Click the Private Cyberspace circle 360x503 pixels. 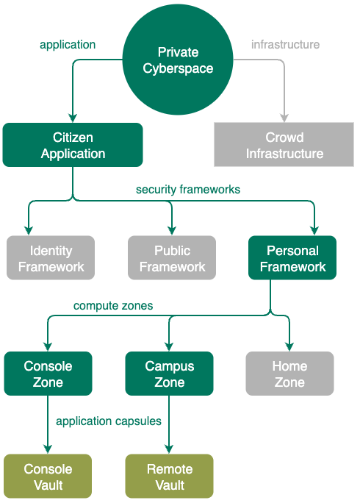click(178, 60)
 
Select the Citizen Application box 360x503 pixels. click(73, 145)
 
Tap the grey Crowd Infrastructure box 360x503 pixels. click(284, 144)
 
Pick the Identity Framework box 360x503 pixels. click(51, 258)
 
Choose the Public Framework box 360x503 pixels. click(172, 258)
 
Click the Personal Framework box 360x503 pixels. click(292, 258)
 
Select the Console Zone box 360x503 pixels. click(48, 374)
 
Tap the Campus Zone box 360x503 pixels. click(169, 374)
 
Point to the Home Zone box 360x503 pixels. click(289, 374)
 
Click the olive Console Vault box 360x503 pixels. click(48, 477)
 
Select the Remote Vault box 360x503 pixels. click(169, 477)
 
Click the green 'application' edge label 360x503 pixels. click(68, 45)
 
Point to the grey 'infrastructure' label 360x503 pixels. click(285, 44)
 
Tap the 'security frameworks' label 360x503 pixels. click(188, 189)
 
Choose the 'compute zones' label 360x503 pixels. click(113, 305)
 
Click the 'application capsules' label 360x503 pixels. click(109, 421)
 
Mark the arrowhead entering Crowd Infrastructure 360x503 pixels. click(284, 118)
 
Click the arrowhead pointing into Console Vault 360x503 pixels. click(48, 449)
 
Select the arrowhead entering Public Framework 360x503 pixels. click(172, 231)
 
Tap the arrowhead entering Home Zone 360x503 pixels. click(289, 347)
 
